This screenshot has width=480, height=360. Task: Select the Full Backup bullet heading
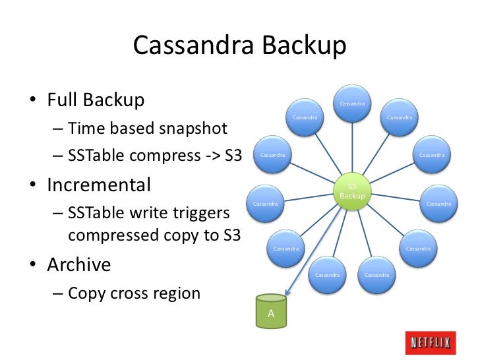(96, 100)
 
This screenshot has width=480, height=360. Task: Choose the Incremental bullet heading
(99, 185)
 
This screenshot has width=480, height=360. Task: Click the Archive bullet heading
(79, 264)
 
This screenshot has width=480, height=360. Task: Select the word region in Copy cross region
(177, 293)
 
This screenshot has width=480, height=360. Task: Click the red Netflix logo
(431, 343)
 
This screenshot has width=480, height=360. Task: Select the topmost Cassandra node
(352, 104)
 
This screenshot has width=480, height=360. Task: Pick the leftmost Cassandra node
(265, 204)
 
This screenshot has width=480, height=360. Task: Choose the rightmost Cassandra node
(438, 204)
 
